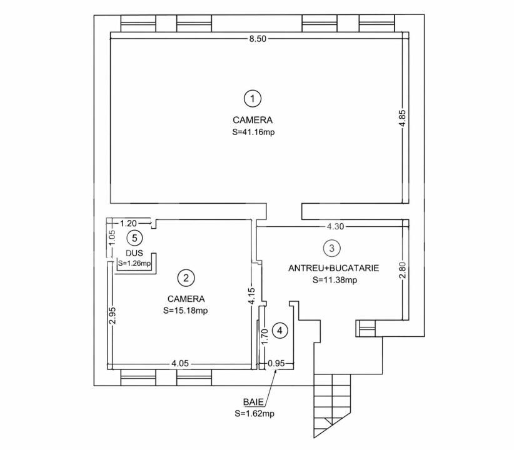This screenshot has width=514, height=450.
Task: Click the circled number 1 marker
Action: [251, 98]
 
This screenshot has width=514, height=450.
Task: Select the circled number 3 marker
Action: [332, 248]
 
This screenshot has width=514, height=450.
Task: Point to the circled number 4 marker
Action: [281, 331]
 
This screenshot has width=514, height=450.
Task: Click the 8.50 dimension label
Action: [258, 39]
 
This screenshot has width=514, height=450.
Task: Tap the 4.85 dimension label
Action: [403, 119]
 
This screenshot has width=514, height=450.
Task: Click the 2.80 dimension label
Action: [403, 269]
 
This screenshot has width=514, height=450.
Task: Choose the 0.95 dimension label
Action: [276, 363]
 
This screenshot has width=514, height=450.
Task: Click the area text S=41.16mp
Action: [253, 132]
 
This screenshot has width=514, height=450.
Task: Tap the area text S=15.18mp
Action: [185, 310]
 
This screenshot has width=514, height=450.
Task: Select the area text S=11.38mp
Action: [335, 280]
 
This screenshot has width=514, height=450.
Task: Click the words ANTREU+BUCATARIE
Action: [333, 267]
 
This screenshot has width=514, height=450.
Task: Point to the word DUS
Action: [133, 253]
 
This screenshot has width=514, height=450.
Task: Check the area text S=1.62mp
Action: [254, 413]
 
